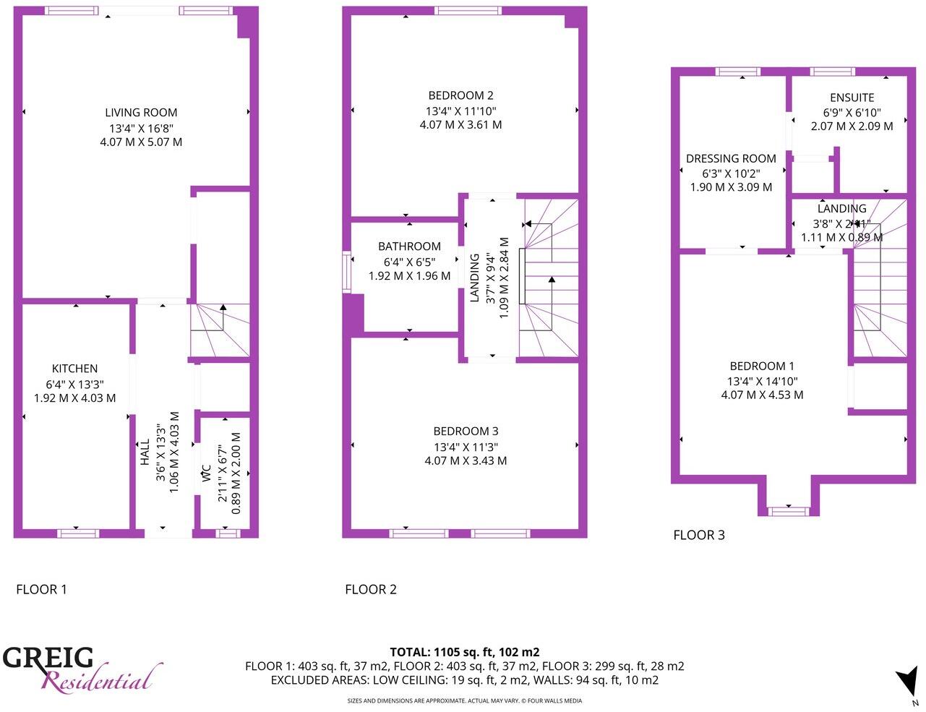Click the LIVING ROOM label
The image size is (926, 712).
click(x=141, y=113)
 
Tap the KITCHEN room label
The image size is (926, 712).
click(x=74, y=369)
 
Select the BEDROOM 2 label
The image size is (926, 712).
click(x=460, y=95)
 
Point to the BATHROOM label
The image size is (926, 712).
click(x=409, y=246)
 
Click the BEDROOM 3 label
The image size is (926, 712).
click(x=466, y=432)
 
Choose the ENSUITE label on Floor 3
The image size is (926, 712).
click(x=852, y=98)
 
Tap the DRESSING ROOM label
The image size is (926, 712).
click(x=731, y=158)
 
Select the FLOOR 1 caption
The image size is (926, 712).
click(x=41, y=589)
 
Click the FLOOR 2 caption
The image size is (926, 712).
click(x=370, y=589)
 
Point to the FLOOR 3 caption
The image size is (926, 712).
click(x=698, y=535)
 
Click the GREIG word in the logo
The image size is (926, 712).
click(x=48, y=659)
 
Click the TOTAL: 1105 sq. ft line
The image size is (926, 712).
click(x=464, y=651)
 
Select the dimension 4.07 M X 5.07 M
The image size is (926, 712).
click(x=141, y=142)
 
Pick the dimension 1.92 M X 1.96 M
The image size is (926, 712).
click(x=409, y=276)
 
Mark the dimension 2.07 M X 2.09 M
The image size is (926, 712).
click(x=852, y=126)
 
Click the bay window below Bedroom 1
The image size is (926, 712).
click(x=788, y=511)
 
